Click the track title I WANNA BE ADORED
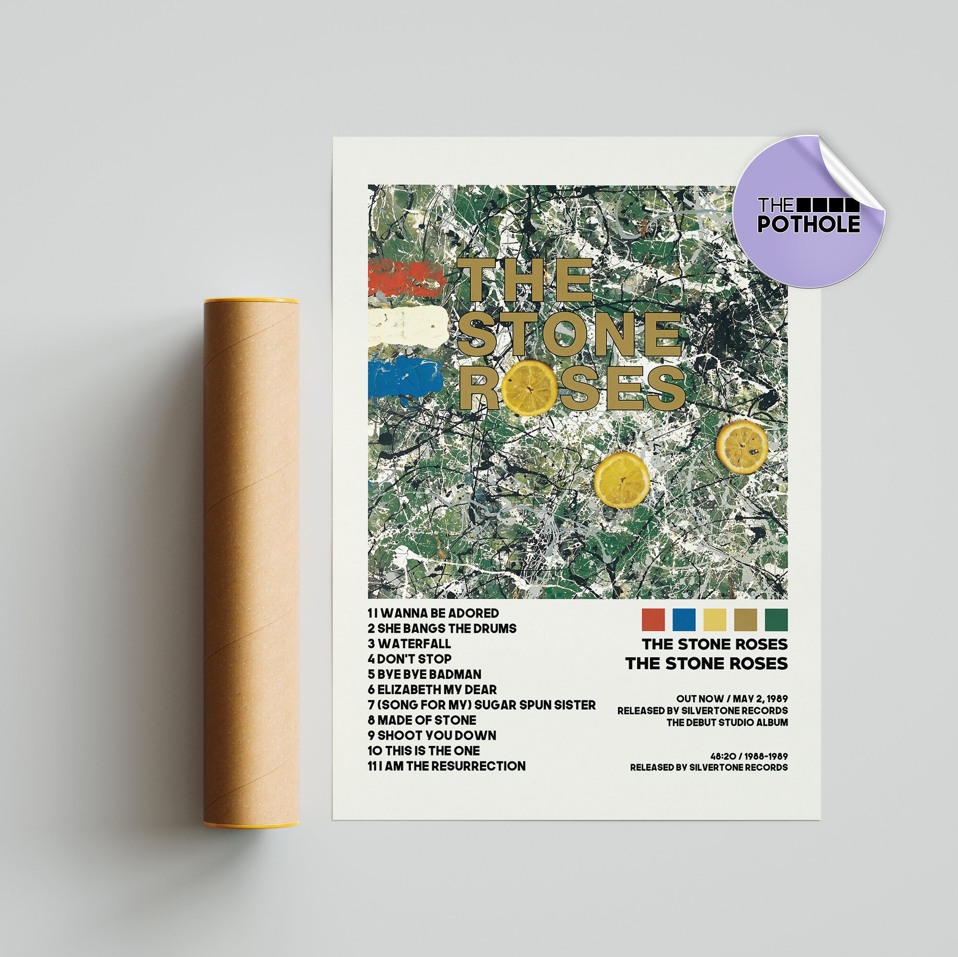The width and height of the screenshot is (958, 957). click(x=433, y=614)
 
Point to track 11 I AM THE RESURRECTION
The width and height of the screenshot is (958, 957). click(x=446, y=766)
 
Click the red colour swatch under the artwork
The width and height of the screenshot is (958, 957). click(x=653, y=620)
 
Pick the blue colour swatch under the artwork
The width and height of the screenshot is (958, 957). click(x=684, y=620)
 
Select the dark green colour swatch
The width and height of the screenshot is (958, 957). click(x=776, y=620)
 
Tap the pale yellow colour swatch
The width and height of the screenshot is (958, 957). click(x=715, y=620)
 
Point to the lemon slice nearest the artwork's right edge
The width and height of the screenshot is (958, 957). click(x=742, y=447)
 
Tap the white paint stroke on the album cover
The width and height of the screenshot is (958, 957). click(x=408, y=323)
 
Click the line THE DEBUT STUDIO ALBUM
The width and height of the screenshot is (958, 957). click(x=727, y=722)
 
